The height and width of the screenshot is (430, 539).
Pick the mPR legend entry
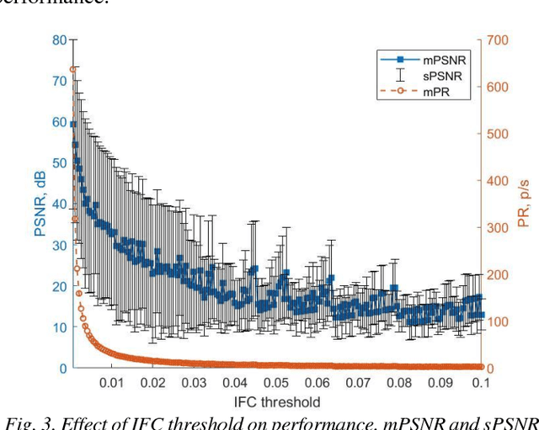point(430,93)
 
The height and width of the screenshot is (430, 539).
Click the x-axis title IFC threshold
point(277,401)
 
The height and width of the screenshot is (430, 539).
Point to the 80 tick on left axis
point(59,40)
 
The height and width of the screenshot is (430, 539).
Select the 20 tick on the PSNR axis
point(59,286)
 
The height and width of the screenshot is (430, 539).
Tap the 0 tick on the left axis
point(62,369)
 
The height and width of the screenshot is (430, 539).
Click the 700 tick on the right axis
point(499,40)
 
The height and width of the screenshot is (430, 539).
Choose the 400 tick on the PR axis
point(499,181)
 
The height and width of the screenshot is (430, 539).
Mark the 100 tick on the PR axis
point(499,321)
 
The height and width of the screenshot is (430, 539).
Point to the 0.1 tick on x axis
point(481,384)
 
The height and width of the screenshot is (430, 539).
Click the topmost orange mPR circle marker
point(73,69)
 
